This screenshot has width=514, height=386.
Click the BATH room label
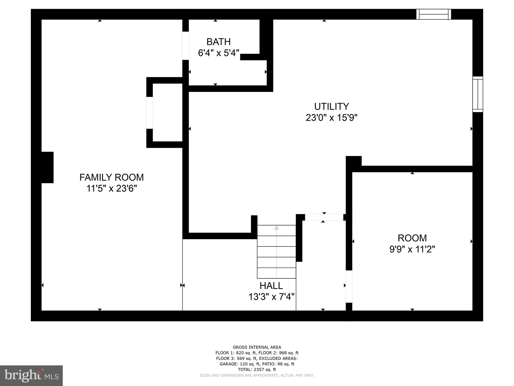pyautogui.click(x=218, y=42)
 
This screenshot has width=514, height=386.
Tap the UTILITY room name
pyautogui.click(x=332, y=107)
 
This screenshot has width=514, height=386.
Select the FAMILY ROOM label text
pyautogui.click(x=111, y=177)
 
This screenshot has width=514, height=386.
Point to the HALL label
pyautogui.click(x=271, y=286)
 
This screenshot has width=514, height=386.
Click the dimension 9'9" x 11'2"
pyautogui.click(x=412, y=249)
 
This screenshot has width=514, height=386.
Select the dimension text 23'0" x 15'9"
pyautogui.click(x=332, y=118)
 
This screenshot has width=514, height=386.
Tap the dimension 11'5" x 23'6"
pyautogui.click(x=111, y=188)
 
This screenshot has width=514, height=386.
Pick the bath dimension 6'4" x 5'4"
pyautogui.click(x=218, y=53)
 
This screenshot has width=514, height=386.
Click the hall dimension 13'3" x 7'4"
pyautogui.click(x=271, y=297)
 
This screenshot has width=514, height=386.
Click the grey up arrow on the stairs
pyautogui.click(x=276, y=228)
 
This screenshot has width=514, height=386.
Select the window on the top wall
pyautogui.click(x=434, y=14)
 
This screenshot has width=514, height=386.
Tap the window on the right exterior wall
pyautogui.click(x=478, y=94)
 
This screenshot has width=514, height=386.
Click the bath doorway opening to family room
pyautogui.click(x=185, y=46)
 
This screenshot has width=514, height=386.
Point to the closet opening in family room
pyautogui.click(x=150, y=113)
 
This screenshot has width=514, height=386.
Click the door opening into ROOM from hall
pyautogui.click(x=349, y=286)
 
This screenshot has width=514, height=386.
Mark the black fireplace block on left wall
pyautogui.click(x=47, y=167)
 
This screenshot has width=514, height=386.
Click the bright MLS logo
pyautogui.click(x=31, y=376)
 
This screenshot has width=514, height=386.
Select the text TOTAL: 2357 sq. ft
pyautogui.click(x=257, y=369)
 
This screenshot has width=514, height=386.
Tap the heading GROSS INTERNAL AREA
pyautogui.click(x=257, y=347)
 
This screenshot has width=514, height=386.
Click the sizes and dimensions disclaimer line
pyautogui.click(x=257, y=375)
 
